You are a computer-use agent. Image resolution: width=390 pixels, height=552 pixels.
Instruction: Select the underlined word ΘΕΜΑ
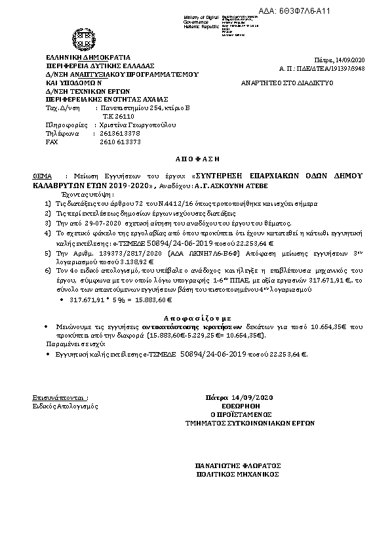[x=41, y=177]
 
